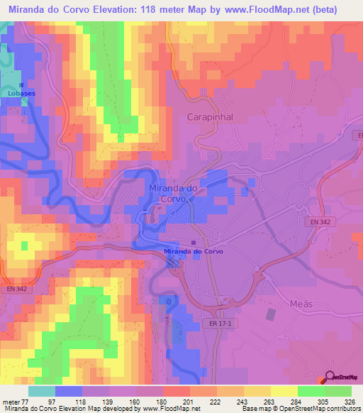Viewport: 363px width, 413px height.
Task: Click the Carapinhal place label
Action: (x=210, y=117)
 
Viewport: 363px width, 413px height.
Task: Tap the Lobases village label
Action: (x=20, y=93)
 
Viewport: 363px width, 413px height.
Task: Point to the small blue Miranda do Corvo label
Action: (x=194, y=251)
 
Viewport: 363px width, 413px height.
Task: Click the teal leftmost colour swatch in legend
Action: (x=42, y=391)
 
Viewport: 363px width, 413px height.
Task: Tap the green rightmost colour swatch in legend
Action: (x=338, y=391)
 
